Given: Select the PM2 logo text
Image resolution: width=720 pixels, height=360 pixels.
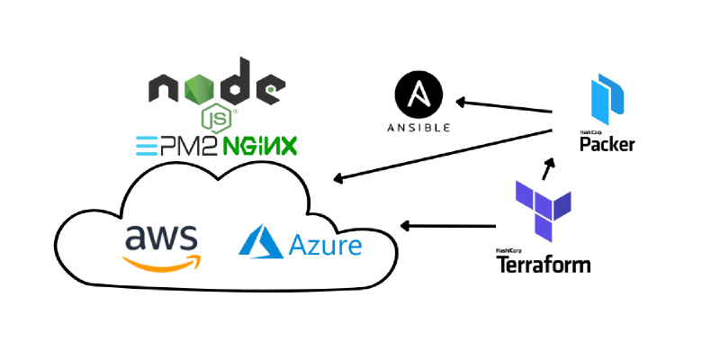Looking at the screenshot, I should (176, 146).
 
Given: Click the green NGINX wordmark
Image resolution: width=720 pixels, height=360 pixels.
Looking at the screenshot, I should (260, 146).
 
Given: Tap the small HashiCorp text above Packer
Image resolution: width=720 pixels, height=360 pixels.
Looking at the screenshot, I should (589, 132).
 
